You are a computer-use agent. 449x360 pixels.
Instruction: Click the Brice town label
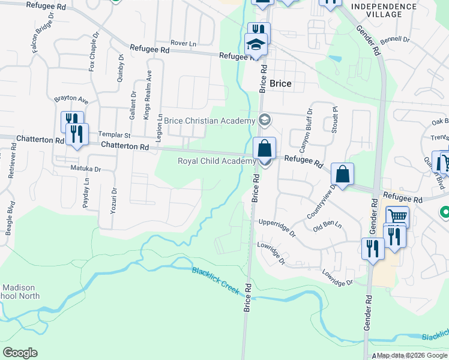point(280,84)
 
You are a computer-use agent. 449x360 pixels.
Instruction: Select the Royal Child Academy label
point(217,161)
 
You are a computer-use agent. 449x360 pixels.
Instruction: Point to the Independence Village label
point(384,10)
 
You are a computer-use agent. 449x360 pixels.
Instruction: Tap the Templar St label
point(114,136)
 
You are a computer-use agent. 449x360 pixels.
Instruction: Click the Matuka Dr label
point(85,169)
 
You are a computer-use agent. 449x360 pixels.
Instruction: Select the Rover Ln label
point(183,43)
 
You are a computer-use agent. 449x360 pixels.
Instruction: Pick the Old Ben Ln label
point(327,226)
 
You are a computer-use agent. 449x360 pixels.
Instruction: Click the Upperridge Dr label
point(277,226)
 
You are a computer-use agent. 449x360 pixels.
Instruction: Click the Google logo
point(20,352)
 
